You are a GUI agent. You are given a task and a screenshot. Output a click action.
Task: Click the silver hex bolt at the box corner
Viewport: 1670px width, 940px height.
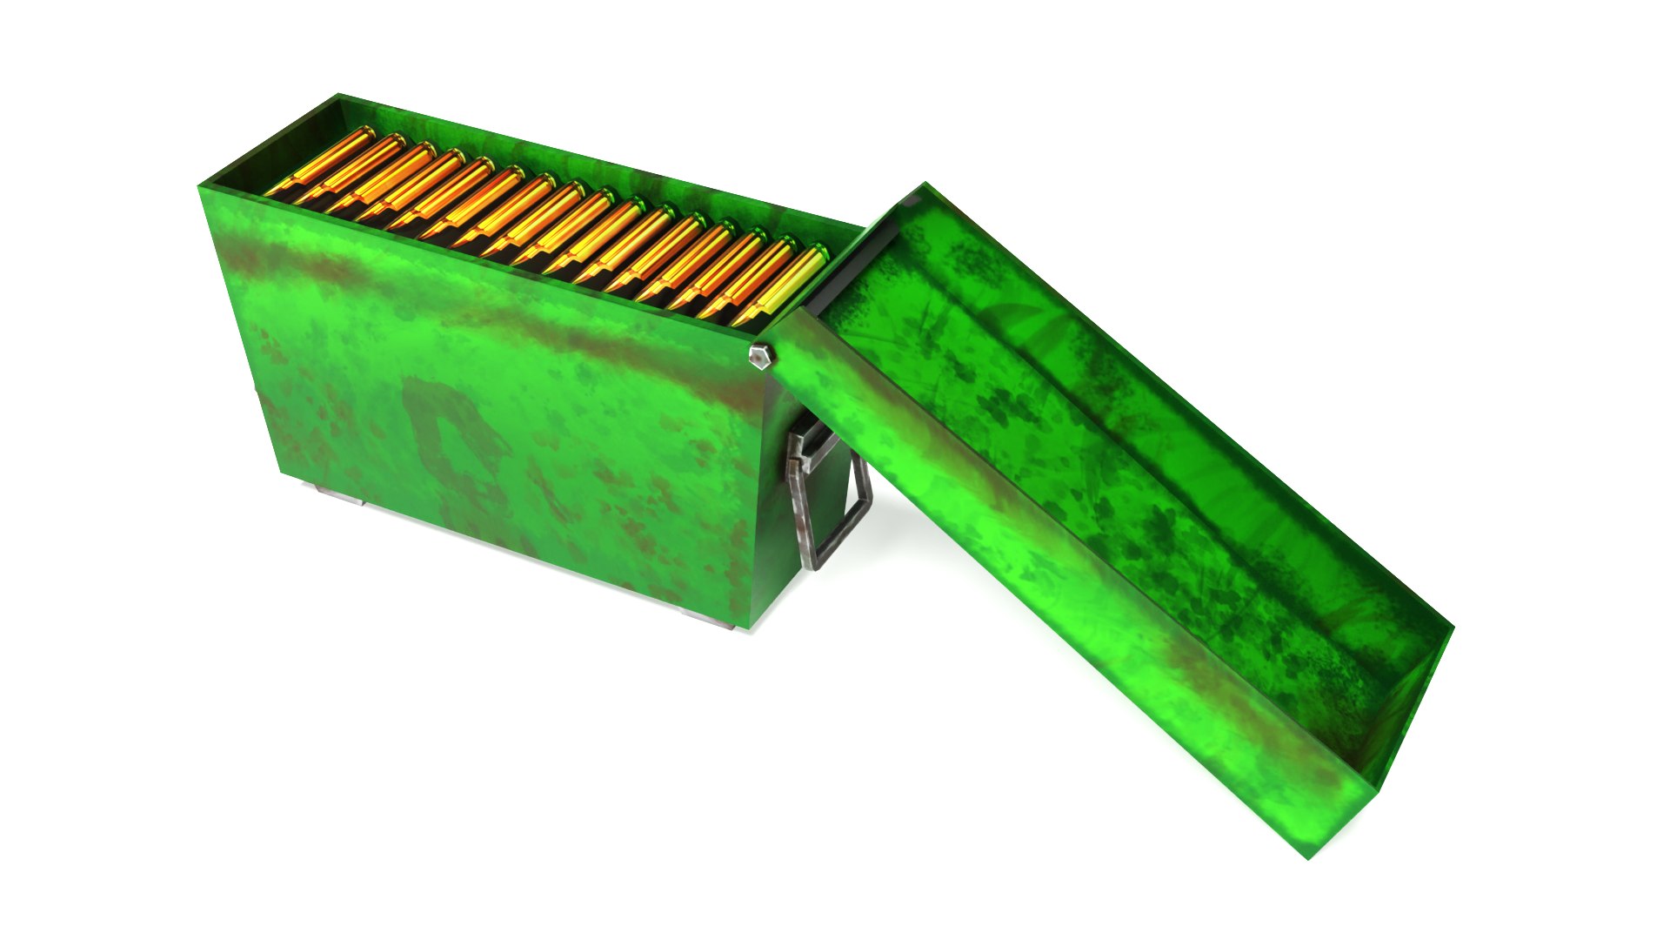pos(760,356)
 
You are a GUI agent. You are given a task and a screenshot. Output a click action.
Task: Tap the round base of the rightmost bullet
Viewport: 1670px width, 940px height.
pos(818,253)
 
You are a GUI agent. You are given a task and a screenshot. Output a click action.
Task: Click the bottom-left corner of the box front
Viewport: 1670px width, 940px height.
pos(280,474)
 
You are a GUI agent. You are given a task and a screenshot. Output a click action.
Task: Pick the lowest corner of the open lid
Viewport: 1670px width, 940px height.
pos(1310,857)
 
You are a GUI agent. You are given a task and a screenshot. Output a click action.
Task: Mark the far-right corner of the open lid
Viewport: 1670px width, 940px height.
pos(1453,625)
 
